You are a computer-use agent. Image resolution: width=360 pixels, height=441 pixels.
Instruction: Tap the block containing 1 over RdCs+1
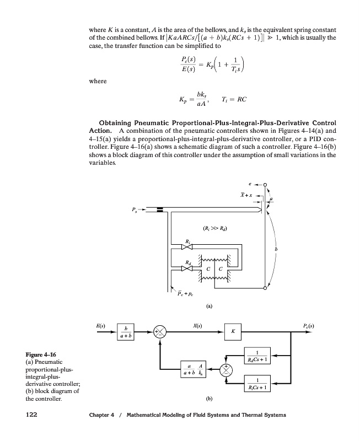tap(258, 356)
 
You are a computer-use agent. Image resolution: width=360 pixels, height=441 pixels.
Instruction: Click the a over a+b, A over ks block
tap(196, 369)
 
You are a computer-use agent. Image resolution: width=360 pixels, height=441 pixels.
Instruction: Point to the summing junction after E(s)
tap(160, 332)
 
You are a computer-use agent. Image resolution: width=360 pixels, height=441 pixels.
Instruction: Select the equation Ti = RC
tap(233, 99)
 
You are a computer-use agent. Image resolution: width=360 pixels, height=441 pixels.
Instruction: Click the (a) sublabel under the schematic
tap(208, 305)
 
